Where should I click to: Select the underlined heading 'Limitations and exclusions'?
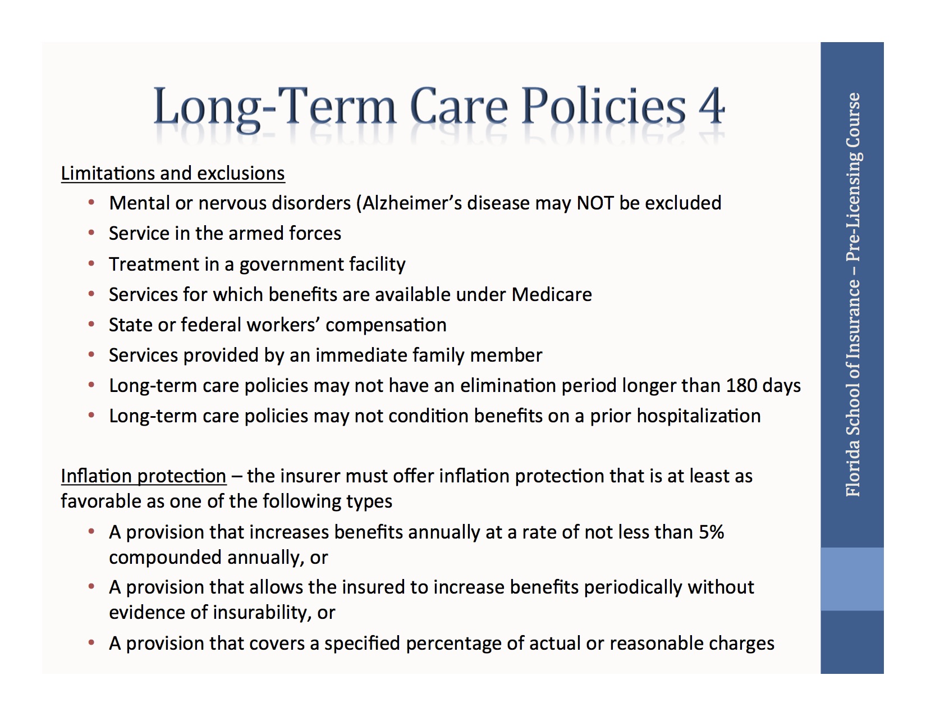(173, 173)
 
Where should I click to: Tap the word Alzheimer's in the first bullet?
(412, 203)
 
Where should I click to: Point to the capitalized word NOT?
(595, 203)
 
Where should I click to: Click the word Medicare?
(552, 294)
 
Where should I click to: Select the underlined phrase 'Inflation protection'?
(143, 476)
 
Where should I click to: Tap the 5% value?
(711, 532)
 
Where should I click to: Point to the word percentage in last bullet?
(453, 644)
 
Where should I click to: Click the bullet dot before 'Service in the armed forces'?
(91, 233)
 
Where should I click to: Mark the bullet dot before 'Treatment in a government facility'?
(91, 264)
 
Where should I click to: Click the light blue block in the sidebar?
(852, 579)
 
